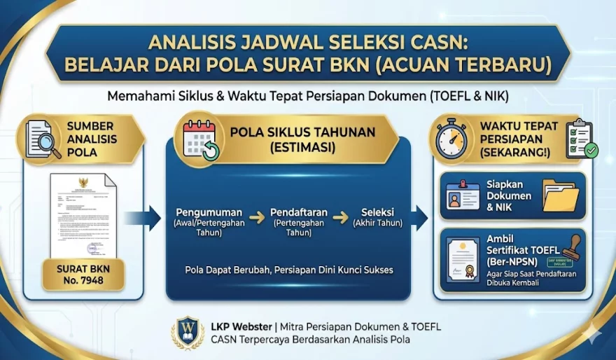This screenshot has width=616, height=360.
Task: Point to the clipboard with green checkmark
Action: tap(581, 139)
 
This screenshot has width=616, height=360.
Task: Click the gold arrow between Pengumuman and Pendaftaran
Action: tap(257, 218)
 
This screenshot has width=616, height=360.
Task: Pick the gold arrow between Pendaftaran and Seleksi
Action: tap(340, 218)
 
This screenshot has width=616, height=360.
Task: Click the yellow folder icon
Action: tap(560, 195)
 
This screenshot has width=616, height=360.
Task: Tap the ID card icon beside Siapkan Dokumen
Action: tap(463, 196)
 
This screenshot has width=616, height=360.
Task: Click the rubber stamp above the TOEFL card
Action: tap(575, 247)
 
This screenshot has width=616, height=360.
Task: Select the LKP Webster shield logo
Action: tap(188, 333)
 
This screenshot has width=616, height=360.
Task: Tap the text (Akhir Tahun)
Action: tap(378, 223)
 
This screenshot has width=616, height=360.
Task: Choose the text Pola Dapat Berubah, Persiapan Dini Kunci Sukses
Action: tap(289, 270)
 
